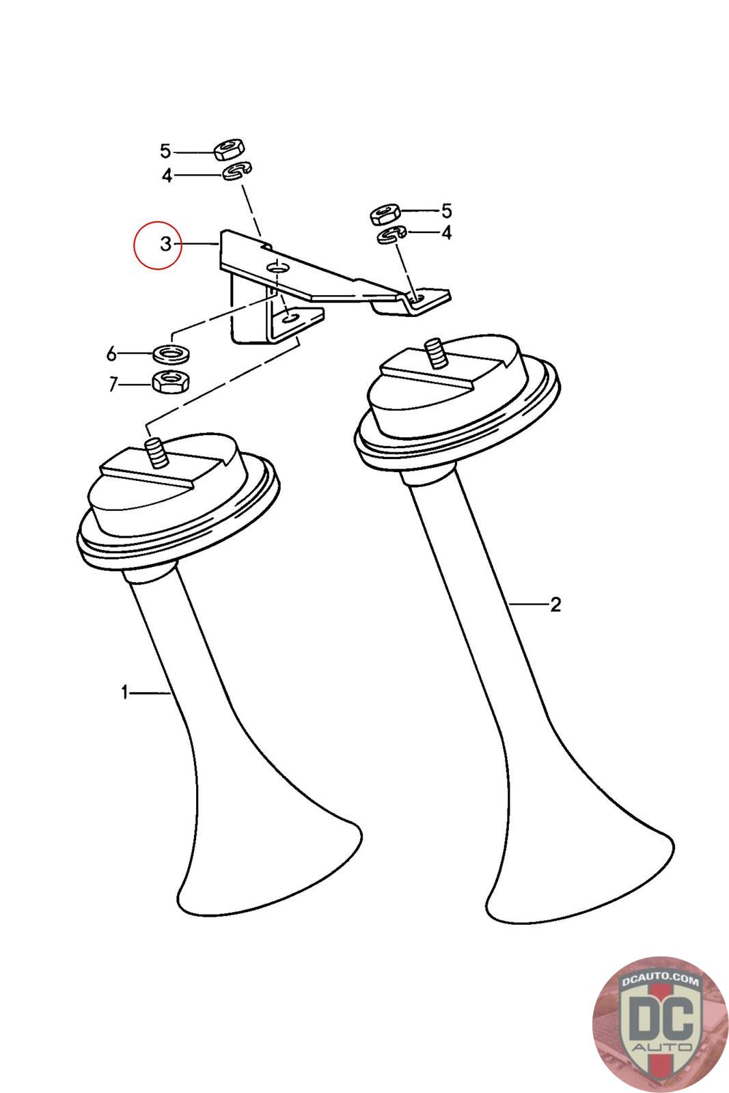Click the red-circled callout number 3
tap(166, 243)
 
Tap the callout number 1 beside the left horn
tap(125, 692)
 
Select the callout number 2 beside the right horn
tap(555, 605)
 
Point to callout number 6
tap(112, 353)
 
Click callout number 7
tap(113, 385)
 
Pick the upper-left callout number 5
tap(165, 151)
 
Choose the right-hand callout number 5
tap(446, 211)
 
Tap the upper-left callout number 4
tap(167, 175)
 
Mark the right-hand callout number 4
tap(446, 232)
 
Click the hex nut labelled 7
tap(171, 381)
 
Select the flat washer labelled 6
tap(171, 353)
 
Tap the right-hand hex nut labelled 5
tap(385, 214)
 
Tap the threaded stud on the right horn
tap(436, 355)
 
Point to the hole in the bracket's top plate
tap(277, 267)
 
